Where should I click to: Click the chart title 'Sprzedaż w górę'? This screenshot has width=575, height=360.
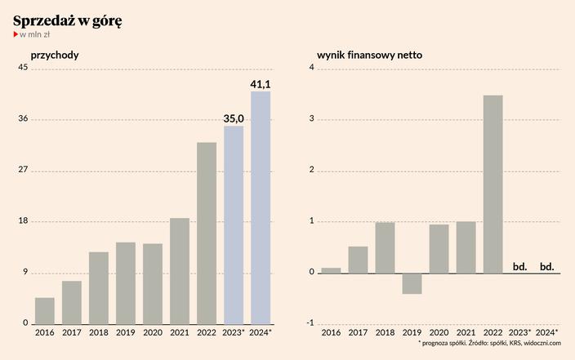(x=68, y=20)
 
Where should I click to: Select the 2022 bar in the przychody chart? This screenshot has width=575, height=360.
(x=207, y=233)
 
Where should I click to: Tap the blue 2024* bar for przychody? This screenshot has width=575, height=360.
(x=261, y=207)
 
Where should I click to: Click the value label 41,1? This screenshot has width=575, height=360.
(x=261, y=84)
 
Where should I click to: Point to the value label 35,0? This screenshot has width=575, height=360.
(x=234, y=119)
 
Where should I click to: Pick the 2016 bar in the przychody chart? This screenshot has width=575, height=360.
(x=45, y=310)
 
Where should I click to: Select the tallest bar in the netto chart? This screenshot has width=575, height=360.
(x=493, y=184)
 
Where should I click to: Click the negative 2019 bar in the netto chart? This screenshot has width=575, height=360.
(x=412, y=282)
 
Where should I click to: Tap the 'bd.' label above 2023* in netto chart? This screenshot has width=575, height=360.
(x=519, y=266)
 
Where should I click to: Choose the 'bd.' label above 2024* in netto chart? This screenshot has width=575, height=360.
(x=546, y=266)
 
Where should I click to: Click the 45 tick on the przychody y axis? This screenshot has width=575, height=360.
(x=23, y=69)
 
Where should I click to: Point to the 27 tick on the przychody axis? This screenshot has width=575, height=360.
(x=23, y=171)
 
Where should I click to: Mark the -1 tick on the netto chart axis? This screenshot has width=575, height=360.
(x=310, y=323)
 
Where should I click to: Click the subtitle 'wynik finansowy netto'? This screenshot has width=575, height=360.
(x=369, y=56)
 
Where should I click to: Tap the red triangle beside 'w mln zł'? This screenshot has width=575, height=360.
(x=15, y=35)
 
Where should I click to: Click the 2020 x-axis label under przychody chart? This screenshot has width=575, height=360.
(x=153, y=333)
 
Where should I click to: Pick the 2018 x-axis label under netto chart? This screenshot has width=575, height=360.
(x=385, y=333)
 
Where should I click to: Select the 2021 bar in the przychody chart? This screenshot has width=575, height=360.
(x=180, y=271)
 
